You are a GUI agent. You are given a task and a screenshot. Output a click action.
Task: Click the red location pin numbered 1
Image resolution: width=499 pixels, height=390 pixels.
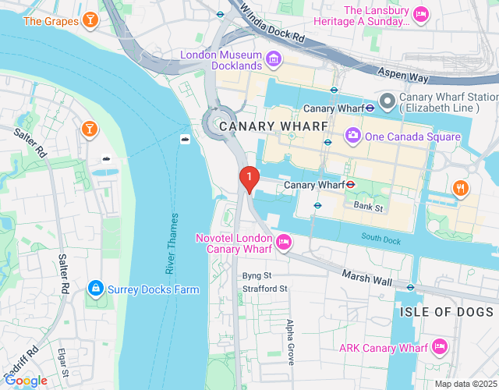249,179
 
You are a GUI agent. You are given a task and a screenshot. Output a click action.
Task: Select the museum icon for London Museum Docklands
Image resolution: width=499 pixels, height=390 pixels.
274,59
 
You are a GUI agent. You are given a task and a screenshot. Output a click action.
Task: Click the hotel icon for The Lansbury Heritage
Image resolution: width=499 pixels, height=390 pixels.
421,14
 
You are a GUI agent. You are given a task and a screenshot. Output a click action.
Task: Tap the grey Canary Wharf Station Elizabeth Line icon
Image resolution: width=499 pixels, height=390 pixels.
388,100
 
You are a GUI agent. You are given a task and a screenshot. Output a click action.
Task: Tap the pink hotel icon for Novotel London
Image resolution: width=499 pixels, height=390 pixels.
285,243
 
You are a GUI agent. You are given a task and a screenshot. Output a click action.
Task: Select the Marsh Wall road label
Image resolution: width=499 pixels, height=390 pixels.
366,278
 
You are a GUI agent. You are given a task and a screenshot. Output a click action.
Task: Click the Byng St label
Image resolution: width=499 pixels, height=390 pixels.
257,275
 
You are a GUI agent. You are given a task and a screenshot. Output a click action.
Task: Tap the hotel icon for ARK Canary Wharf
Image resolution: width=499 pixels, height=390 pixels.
440,346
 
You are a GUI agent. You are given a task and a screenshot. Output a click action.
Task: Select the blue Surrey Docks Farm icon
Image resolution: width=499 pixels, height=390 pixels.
95,289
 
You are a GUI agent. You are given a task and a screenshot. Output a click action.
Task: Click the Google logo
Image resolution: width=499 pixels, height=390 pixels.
25,381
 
